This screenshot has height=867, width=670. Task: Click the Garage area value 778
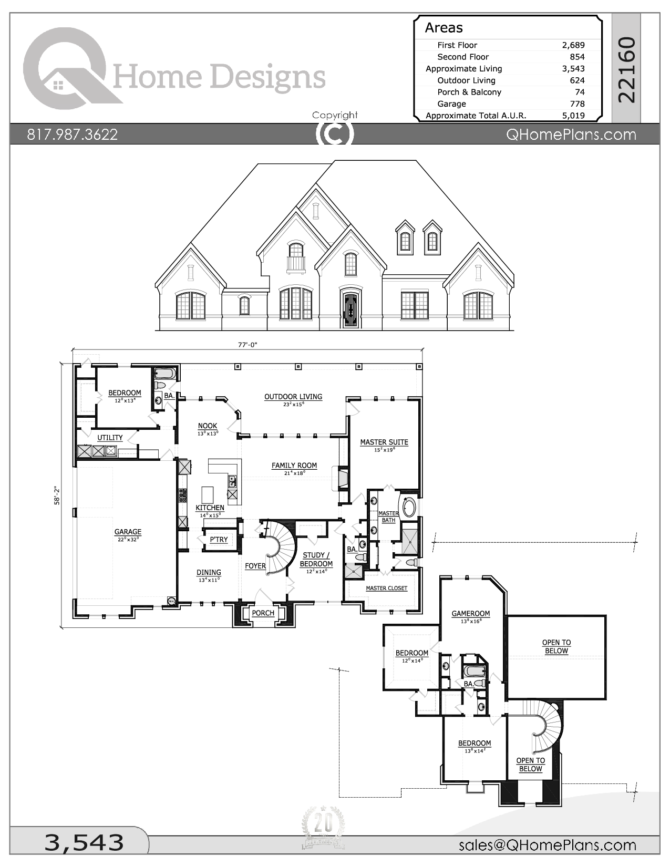[x=577, y=104]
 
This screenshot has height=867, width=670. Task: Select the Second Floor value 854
[x=577, y=57]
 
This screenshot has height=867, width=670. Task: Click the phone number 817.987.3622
[x=73, y=135]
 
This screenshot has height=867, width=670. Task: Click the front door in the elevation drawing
[x=350, y=310]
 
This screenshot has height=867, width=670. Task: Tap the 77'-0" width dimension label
[x=247, y=345]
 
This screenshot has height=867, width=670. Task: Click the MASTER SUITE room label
[x=384, y=442]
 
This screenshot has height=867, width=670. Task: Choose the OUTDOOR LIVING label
[x=293, y=397]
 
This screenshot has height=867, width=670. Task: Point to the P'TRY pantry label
[x=219, y=540]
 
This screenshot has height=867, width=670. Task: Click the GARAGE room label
[x=128, y=532]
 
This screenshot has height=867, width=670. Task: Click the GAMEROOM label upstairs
[x=470, y=613]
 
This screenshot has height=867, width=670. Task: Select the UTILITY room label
[x=110, y=437]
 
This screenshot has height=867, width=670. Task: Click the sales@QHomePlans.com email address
[x=547, y=844]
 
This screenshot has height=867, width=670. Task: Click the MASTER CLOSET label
[x=386, y=588]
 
